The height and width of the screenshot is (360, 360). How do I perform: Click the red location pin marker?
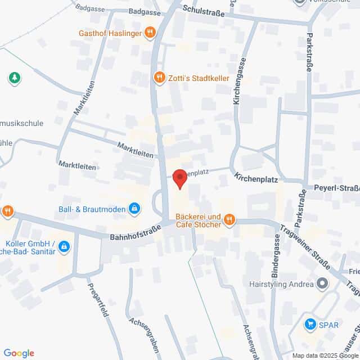pos(179,178)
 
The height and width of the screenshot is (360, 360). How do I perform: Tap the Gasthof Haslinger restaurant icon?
pos(149,33)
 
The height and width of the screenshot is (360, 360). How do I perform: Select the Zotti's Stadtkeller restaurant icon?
pos(160,78)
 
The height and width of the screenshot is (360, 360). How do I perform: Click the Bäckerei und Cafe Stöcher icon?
pos(229,220)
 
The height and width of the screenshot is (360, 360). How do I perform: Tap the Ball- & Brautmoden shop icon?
pos(134,210)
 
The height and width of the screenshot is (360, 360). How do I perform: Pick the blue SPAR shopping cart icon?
pos(309,324)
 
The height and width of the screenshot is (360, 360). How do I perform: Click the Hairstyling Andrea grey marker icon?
pos(322,283)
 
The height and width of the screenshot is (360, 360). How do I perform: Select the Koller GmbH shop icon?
pos(64,246)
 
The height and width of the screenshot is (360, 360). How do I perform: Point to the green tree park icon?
pos(14,78)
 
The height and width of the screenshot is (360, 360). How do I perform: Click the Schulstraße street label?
pos(204,11)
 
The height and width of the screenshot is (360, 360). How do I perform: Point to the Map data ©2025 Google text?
pos(325,355)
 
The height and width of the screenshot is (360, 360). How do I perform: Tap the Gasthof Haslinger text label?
pos(111,33)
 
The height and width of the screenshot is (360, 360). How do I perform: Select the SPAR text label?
pos(330,325)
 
